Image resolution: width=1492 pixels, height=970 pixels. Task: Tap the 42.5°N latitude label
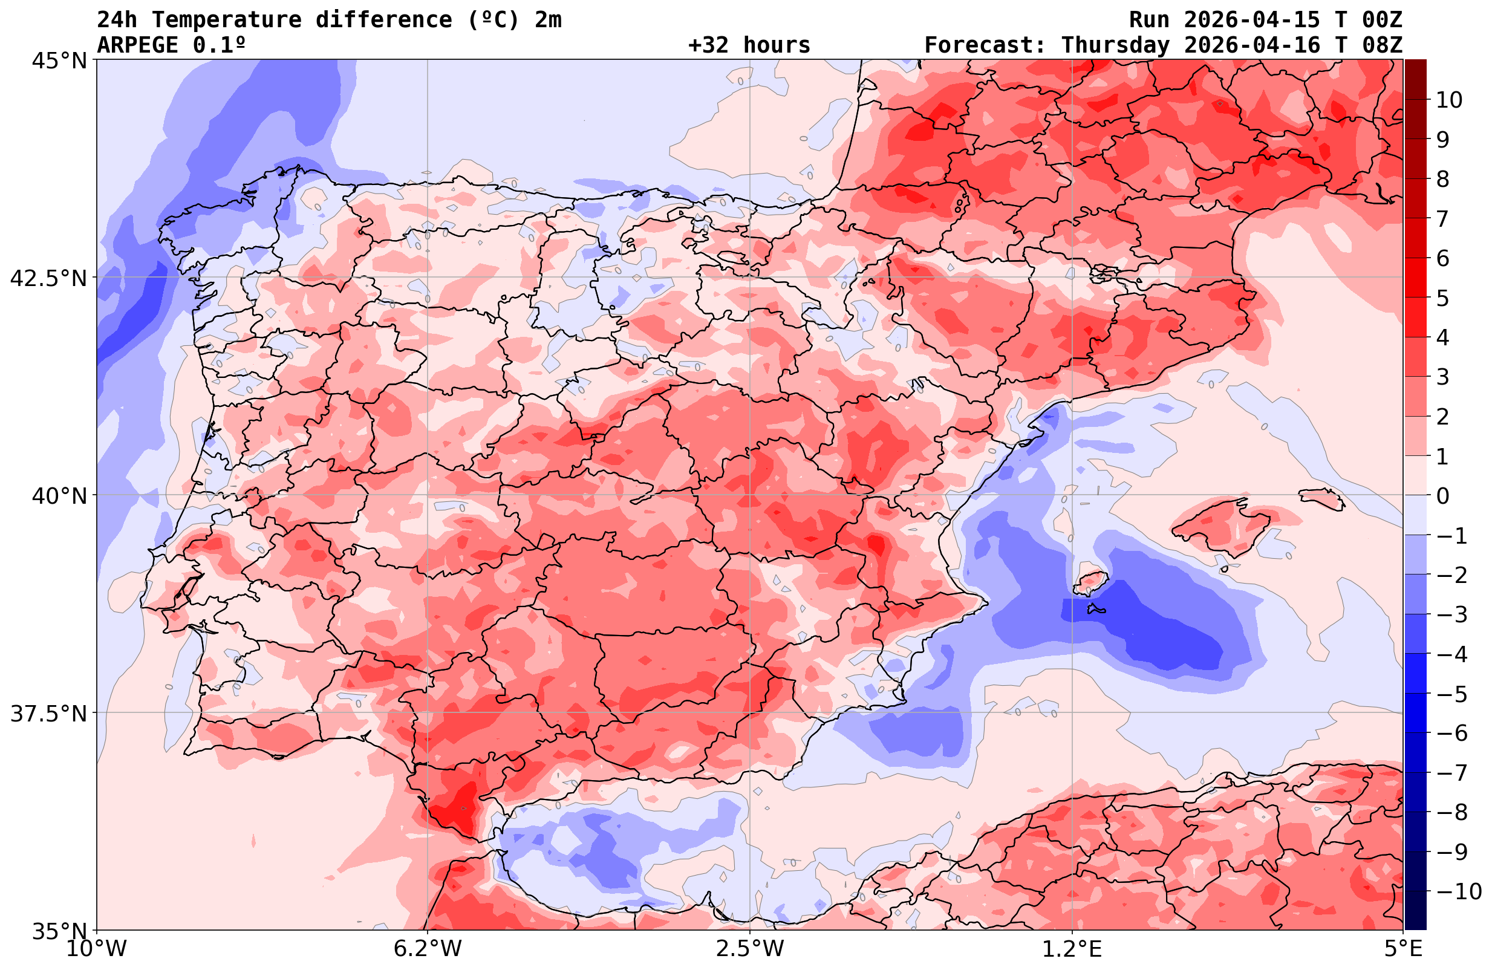[48, 278]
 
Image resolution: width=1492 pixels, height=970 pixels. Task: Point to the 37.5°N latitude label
[48, 714]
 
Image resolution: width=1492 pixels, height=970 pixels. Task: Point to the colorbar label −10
[1459, 891]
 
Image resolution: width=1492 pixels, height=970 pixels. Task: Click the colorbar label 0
[1443, 496]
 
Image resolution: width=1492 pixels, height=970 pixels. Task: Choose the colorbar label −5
[1451, 694]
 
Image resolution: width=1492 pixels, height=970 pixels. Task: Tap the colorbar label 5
[1443, 299]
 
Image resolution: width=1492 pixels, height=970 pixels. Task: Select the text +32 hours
[749, 45]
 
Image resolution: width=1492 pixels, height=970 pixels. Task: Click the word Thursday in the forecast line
[1115, 45]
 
